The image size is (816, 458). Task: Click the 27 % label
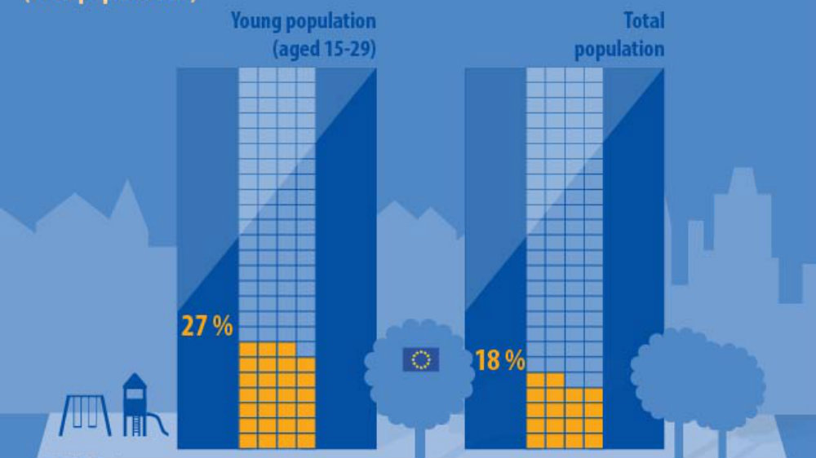[x=206, y=327]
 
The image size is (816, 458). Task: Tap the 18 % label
[x=499, y=360]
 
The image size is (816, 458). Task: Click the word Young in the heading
[x=255, y=20]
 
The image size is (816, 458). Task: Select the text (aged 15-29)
[x=324, y=49]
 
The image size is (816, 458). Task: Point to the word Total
[x=644, y=20]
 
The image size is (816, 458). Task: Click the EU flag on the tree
[x=421, y=359]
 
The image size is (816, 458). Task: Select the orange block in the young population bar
[x=277, y=395]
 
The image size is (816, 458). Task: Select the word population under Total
[x=619, y=49]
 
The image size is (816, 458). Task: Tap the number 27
[x=194, y=327]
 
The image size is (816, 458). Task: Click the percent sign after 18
[x=515, y=360]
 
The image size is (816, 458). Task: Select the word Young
[x=255, y=20]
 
